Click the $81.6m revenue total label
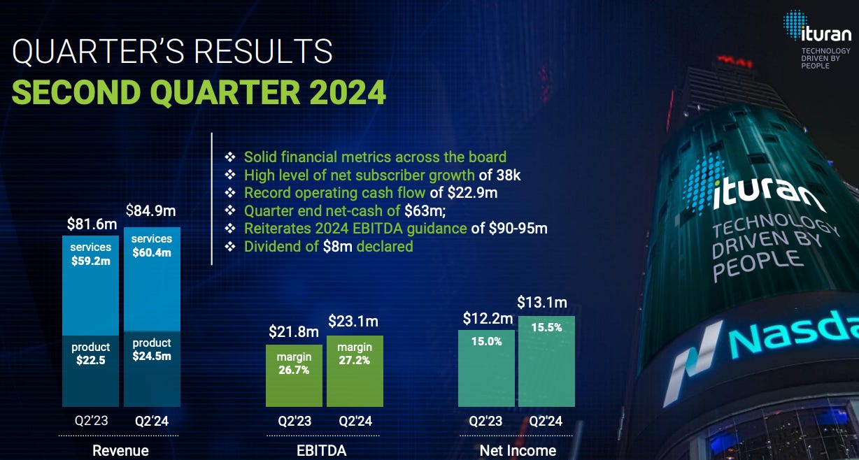tap(92, 224)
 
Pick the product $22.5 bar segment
tap(90, 371)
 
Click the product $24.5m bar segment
tap(152, 368)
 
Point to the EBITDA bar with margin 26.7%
tap(294, 376)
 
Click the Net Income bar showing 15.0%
tap(486, 368)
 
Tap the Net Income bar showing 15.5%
tap(546, 361)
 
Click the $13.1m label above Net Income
tap(542, 303)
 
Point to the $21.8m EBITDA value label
tap(294, 331)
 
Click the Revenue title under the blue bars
tap(121, 451)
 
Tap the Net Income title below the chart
tap(518, 451)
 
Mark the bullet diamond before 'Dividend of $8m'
tap(229, 247)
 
